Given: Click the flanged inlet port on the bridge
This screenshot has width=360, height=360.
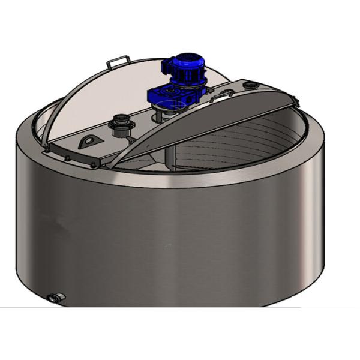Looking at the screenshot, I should coord(116,126).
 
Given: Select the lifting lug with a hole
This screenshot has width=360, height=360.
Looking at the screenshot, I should coord(88,141).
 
